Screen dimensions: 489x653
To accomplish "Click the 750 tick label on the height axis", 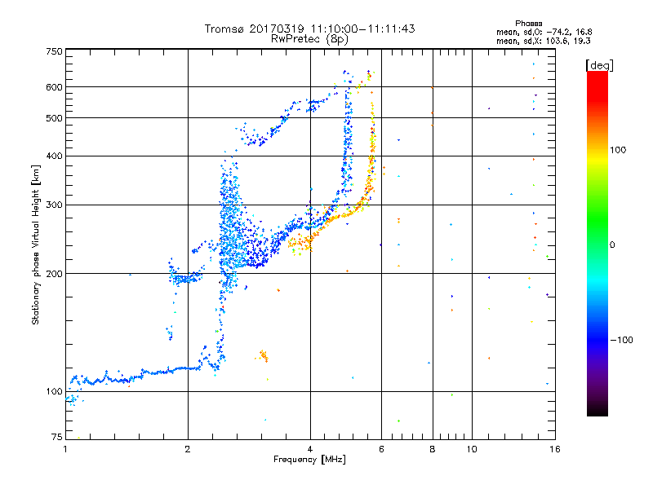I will [x=54, y=51].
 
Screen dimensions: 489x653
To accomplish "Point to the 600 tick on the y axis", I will [x=54, y=87].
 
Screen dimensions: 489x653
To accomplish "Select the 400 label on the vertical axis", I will [x=54, y=156].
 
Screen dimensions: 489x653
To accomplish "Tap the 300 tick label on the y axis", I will [x=54, y=205].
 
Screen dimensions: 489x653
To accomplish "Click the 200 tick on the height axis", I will [x=54, y=273].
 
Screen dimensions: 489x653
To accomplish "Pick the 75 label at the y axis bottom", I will [x=56, y=437].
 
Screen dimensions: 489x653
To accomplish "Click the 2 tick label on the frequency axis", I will [x=188, y=448].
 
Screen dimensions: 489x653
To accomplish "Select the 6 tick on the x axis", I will [x=381, y=448].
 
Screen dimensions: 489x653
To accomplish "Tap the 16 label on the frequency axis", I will [x=554, y=448].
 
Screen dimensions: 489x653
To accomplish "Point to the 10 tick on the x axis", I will [x=472, y=448].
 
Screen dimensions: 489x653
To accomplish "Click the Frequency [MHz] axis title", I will [x=309, y=460].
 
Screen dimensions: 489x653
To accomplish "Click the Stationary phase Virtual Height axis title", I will [x=36, y=244].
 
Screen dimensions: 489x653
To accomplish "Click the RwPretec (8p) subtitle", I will [x=309, y=38].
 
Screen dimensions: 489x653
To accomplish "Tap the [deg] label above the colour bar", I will [x=600, y=65].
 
